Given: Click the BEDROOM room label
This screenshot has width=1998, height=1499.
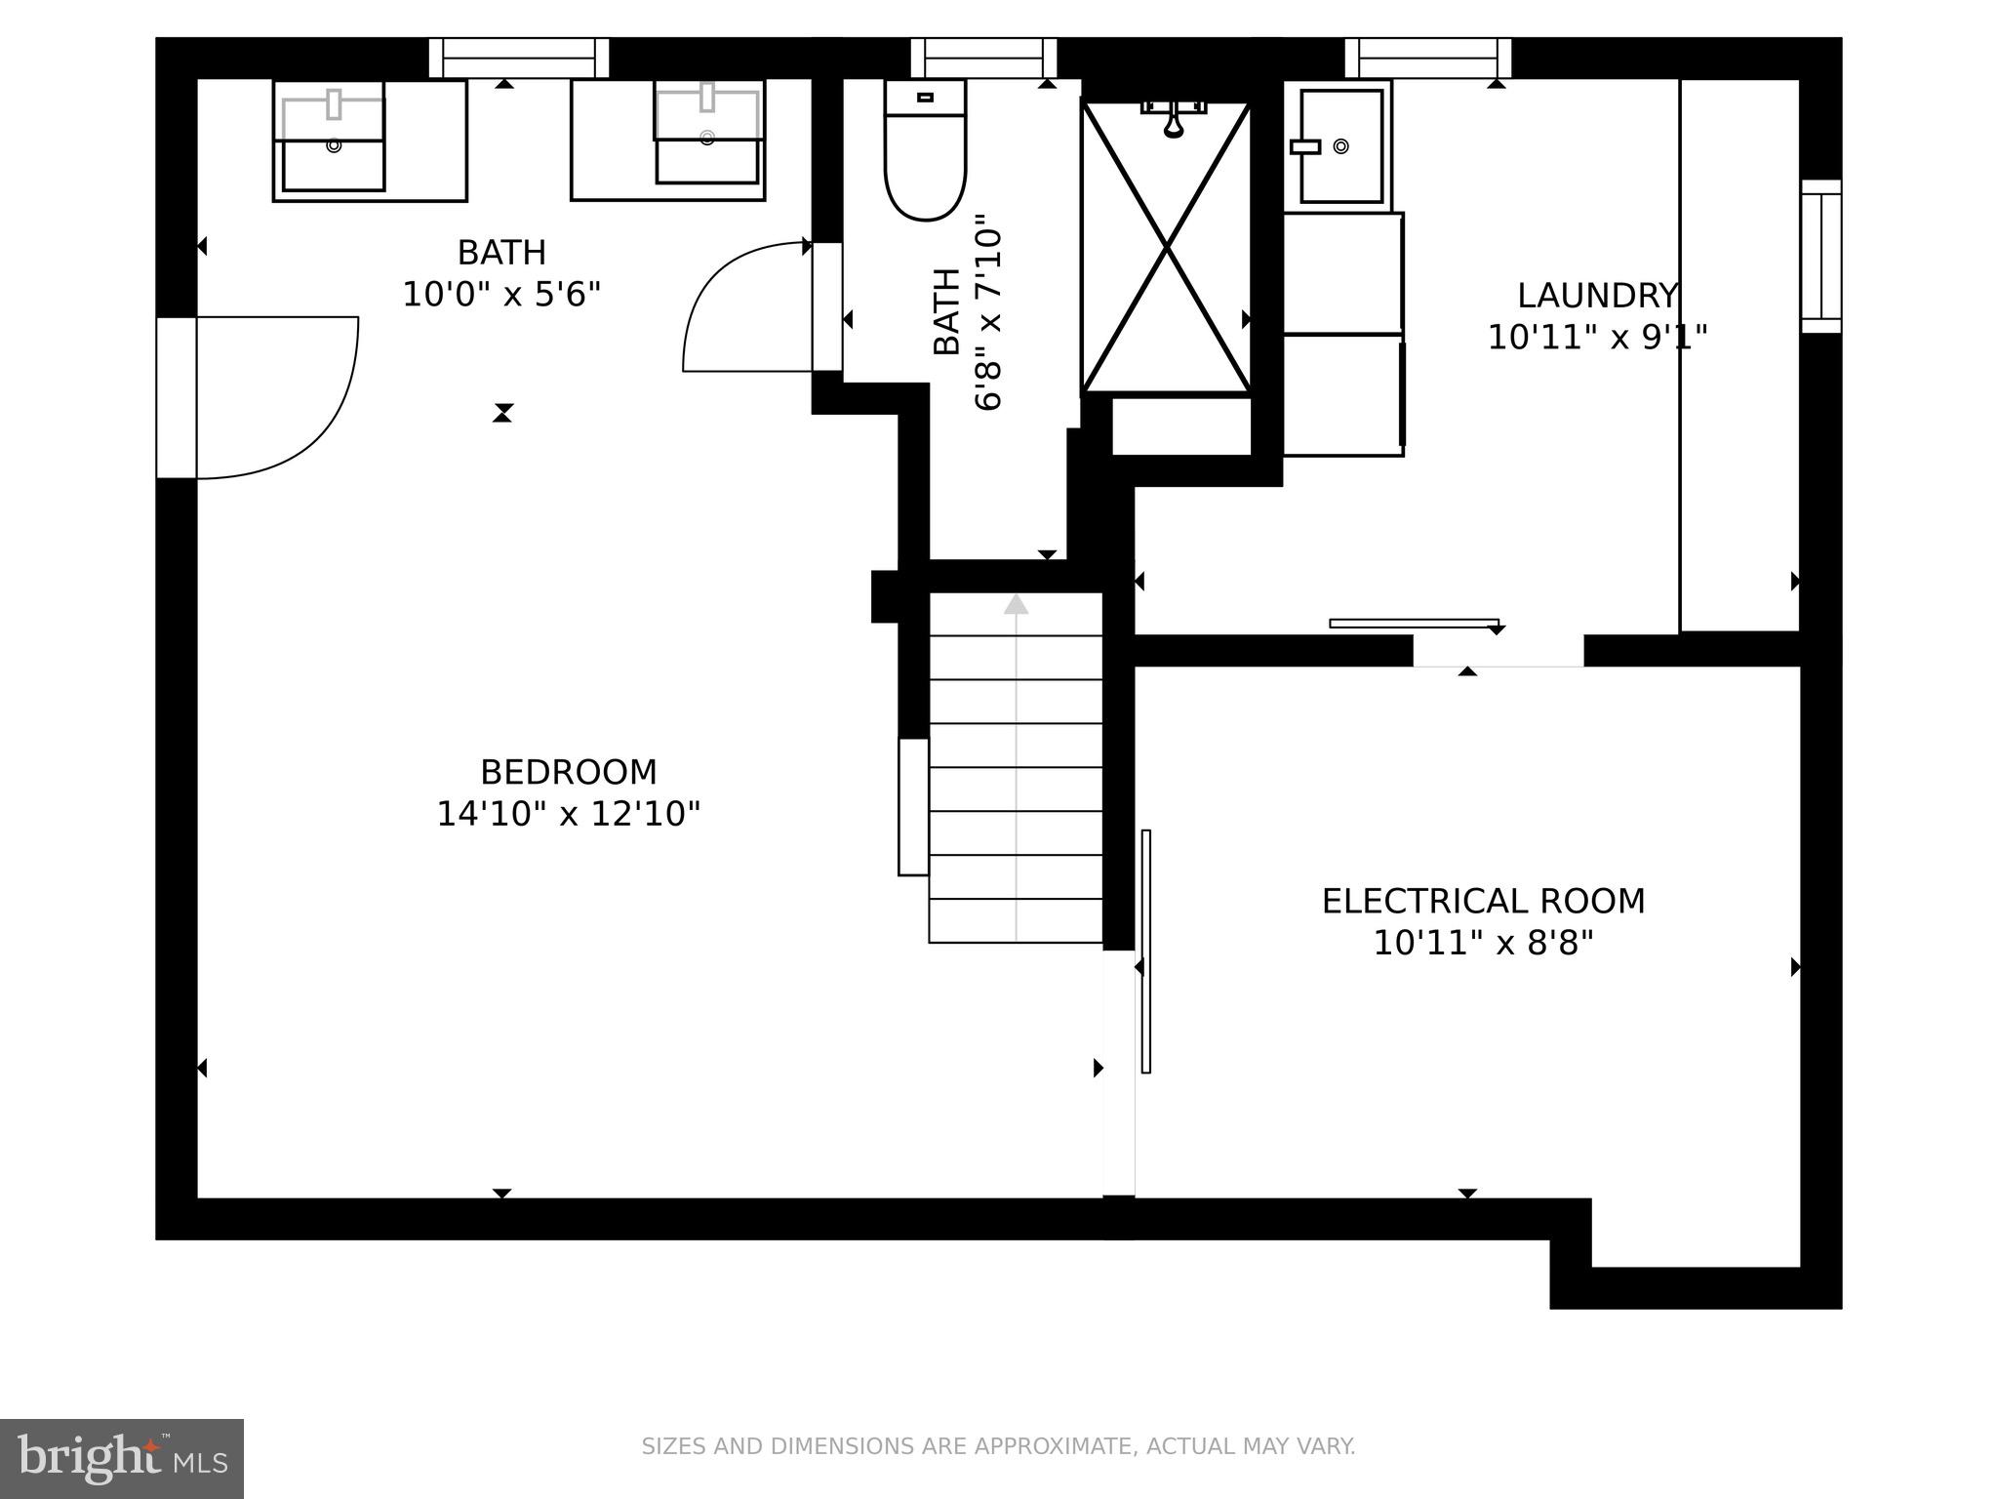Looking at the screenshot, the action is [x=568, y=772].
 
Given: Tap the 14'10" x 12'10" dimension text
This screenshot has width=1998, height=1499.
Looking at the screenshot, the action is [x=568, y=814].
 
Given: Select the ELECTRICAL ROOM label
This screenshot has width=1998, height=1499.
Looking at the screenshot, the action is [x=1483, y=901].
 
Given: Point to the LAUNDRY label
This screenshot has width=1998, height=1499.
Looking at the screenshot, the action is [x=1597, y=295].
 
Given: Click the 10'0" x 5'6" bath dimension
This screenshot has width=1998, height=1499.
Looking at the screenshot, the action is [x=501, y=294].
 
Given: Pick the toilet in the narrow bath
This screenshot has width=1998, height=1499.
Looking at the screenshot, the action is [x=925, y=149].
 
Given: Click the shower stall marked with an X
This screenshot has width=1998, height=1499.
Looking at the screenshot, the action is [x=1167, y=248].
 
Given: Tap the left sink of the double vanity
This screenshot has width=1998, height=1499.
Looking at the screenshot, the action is [x=333, y=142].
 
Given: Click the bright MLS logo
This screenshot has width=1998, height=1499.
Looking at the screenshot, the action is [x=122, y=1459].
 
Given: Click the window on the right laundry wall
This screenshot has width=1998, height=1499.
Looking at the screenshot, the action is [x=1820, y=256].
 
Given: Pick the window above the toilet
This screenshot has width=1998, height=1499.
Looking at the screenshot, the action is [x=983, y=58].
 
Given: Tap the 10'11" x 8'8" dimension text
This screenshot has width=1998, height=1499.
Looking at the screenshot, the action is [x=1483, y=944].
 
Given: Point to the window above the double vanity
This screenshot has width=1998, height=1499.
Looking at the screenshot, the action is [x=519, y=58].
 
